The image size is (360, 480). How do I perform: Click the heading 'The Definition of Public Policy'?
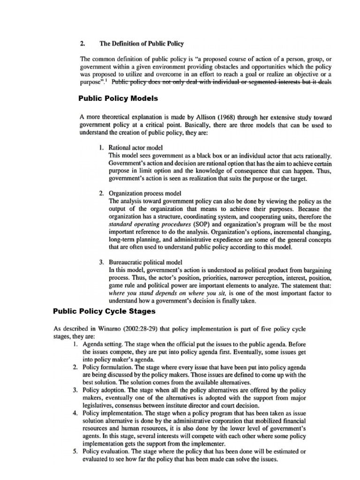tap(141, 44)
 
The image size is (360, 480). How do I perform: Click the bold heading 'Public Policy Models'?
tap(117, 98)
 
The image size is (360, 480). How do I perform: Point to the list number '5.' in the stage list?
tap(76, 451)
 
